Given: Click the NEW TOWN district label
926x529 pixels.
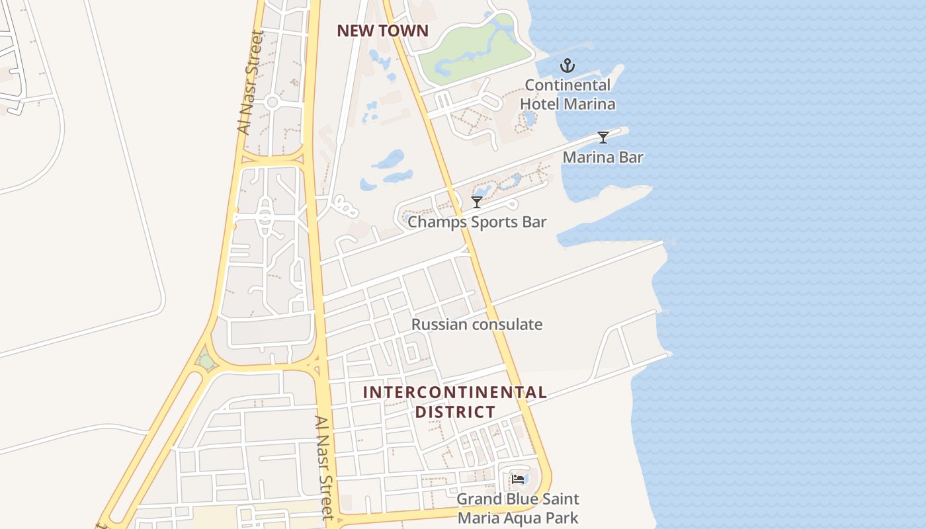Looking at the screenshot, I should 382,30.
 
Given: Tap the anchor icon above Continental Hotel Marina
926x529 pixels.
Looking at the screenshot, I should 567,65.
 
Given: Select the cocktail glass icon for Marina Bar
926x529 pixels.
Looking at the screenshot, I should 603,138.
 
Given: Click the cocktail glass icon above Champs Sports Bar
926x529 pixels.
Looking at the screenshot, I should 476,202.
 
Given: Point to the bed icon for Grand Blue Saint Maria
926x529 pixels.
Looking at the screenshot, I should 518,479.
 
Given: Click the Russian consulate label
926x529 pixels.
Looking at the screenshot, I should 476,325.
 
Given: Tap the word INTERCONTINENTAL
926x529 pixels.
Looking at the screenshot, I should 454,392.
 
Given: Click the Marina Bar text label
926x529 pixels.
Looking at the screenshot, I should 603,157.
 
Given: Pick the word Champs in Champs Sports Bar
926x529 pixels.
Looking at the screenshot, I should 430,222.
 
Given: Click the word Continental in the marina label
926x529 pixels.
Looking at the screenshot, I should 568,85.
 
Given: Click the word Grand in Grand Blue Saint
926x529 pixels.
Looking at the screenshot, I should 477,499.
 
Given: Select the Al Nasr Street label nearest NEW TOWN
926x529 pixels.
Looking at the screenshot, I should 250,83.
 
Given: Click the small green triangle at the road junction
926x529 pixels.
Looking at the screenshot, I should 206,362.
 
